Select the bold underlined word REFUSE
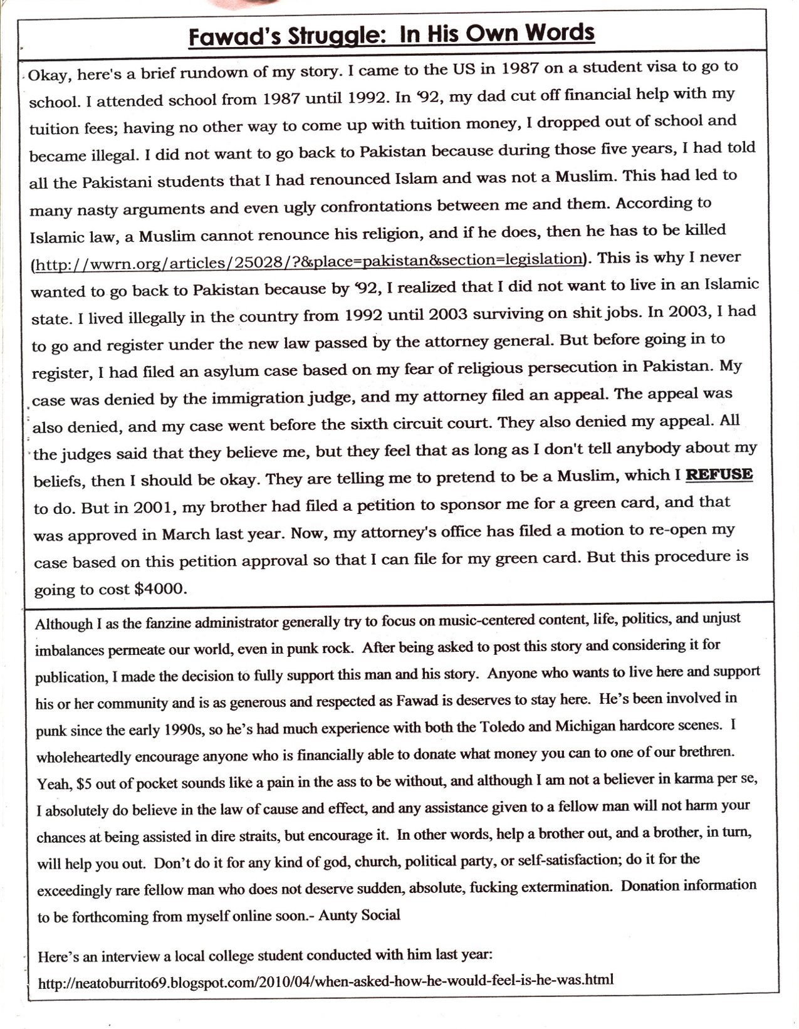click(x=719, y=474)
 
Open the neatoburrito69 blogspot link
click(x=326, y=980)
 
